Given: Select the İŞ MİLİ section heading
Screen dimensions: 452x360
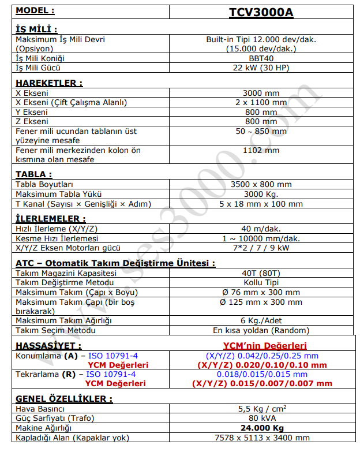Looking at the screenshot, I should click(36, 29).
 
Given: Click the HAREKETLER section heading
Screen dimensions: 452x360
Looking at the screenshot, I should click(49, 83).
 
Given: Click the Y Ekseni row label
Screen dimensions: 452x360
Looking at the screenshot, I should click(32, 112).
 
